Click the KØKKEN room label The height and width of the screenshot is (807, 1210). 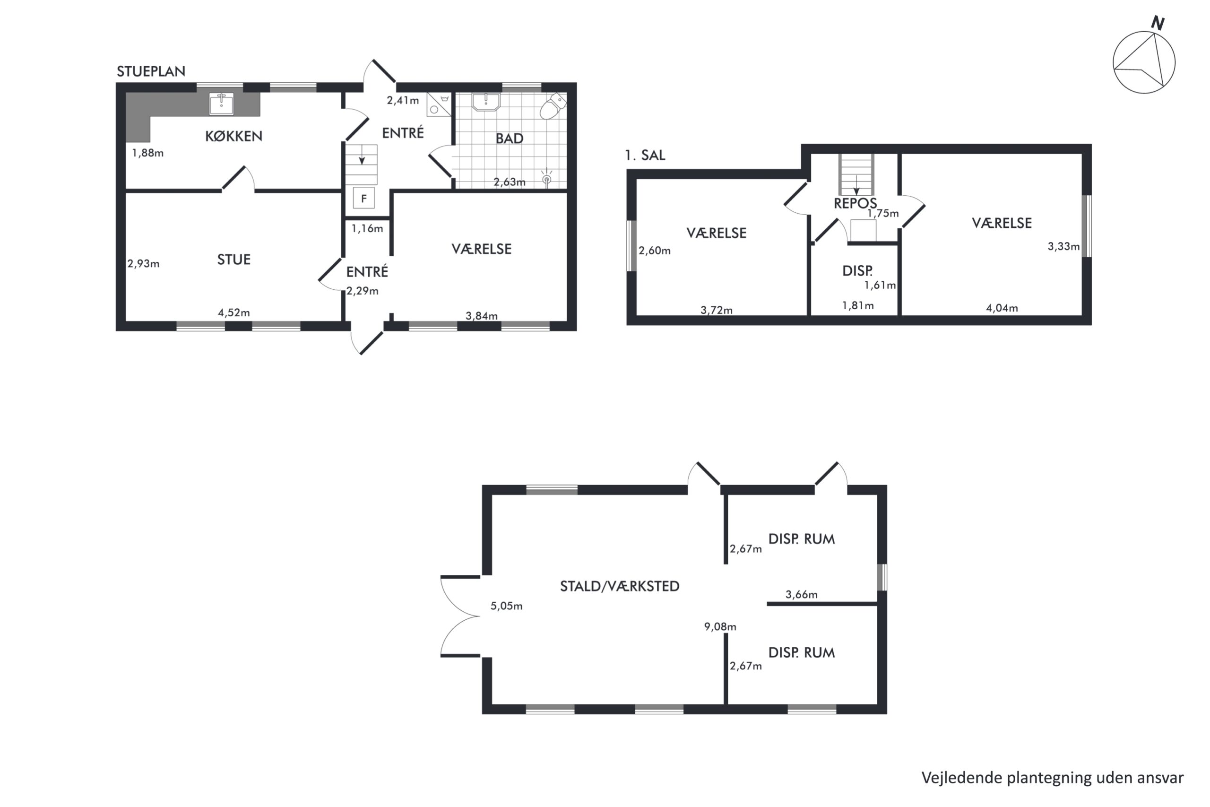click(233, 136)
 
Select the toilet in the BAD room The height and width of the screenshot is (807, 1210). click(553, 106)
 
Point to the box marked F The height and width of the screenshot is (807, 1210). click(364, 198)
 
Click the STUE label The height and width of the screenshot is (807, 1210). click(233, 260)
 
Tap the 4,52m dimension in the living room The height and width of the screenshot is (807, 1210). click(234, 312)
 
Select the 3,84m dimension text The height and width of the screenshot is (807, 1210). click(482, 315)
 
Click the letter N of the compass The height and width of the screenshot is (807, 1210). click(1158, 23)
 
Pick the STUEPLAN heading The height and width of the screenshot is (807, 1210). click(151, 71)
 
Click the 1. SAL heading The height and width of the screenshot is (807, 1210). click(645, 155)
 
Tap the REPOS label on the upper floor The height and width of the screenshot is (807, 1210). click(855, 203)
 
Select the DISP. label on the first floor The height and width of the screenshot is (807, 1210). click(857, 271)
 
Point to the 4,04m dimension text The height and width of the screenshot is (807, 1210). click(1002, 308)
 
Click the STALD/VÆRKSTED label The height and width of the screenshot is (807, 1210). click(619, 586)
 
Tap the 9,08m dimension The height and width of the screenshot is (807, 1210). click(720, 627)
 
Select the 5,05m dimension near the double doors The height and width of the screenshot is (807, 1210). click(506, 606)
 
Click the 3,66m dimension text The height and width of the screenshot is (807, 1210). click(801, 594)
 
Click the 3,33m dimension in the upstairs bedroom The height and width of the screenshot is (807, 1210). click(1063, 246)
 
